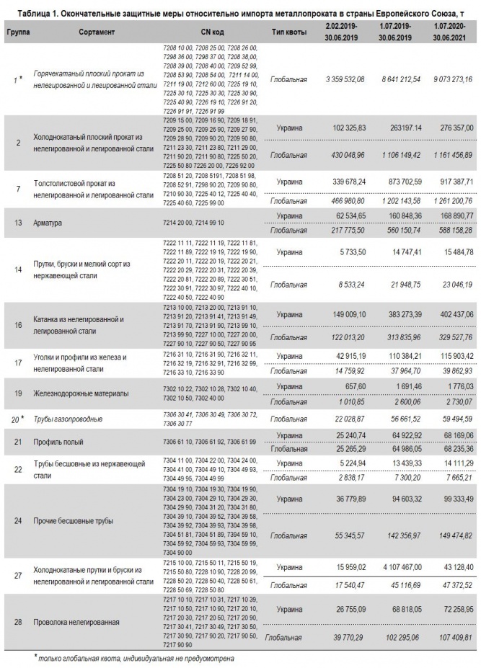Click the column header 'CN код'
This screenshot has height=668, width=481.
point(213,32)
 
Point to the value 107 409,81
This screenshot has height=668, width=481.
point(449,638)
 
